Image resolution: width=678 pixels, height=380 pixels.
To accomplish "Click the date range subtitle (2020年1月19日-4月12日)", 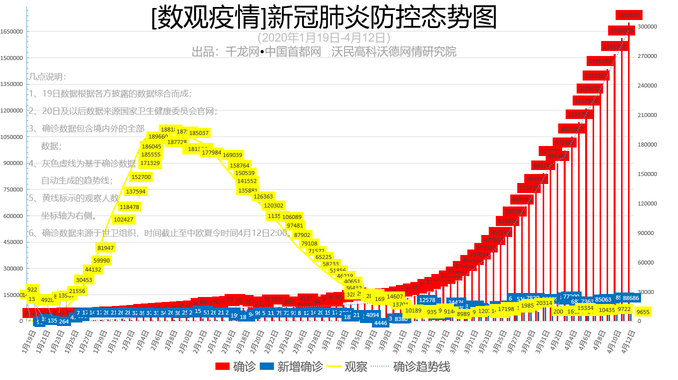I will click(324, 37).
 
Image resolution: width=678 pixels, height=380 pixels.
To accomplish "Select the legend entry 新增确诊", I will click(292, 366).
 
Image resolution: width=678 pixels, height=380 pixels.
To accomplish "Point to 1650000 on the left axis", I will click(12, 31).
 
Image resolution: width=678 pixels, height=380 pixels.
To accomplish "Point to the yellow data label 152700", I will click(141, 177).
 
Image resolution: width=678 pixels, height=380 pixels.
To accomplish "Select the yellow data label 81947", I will click(106, 248).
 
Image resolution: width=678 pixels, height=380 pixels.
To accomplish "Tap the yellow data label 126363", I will click(263, 197).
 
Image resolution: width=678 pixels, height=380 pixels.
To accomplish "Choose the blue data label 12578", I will click(427, 300).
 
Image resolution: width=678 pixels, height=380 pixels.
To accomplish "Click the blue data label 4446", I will click(380, 323).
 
